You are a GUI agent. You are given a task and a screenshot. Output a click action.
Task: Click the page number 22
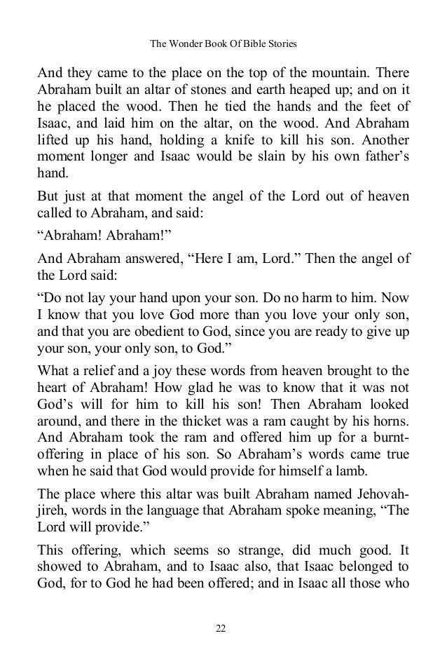(223, 627)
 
